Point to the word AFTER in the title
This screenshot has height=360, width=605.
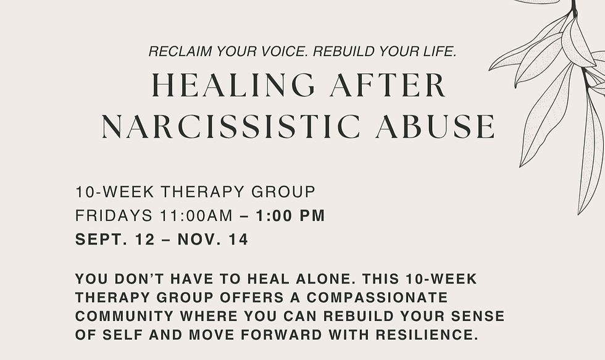[x=388, y=85]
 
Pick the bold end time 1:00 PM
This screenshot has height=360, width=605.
[x=291, y=216]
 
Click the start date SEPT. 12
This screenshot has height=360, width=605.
[x=115, y=240]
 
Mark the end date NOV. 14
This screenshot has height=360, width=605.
[x=213, y=240]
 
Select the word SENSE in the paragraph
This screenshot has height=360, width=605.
[x=479, y=317]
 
